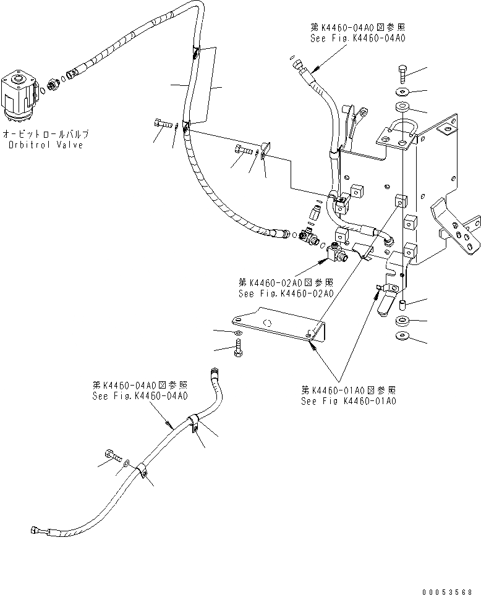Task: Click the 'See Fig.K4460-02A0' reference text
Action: pos(286,293)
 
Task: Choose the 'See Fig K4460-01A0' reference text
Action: pos(349,400)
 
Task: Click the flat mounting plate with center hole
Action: pos(278,323)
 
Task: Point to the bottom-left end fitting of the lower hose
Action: pos(35,530)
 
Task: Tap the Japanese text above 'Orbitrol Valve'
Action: pos(45,133)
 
